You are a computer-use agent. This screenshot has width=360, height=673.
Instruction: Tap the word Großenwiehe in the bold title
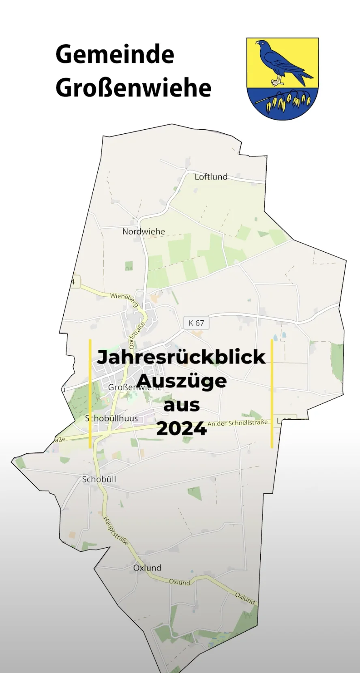(133, 88)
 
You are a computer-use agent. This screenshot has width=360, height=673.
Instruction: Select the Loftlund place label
(211, 177)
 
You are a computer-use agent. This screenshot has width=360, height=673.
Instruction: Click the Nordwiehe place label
(144, 231)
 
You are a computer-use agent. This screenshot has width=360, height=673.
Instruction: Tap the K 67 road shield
(196, 323)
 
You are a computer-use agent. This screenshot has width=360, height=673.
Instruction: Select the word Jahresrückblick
(181, 357)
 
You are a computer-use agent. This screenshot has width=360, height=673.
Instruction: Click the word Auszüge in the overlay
(181, 381)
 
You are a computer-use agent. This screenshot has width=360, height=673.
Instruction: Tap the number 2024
(181, 429)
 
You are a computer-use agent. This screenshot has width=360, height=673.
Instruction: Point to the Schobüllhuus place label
(111, 418)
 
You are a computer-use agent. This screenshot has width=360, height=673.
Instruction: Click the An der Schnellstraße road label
(238, 423)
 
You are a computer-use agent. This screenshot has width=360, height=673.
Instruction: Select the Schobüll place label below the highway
(99, 479)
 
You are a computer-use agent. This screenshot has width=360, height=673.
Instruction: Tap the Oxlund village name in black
(147, 568)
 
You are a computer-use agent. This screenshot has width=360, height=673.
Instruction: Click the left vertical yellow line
(90, 393)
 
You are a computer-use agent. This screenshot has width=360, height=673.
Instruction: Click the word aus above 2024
(181, 405)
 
